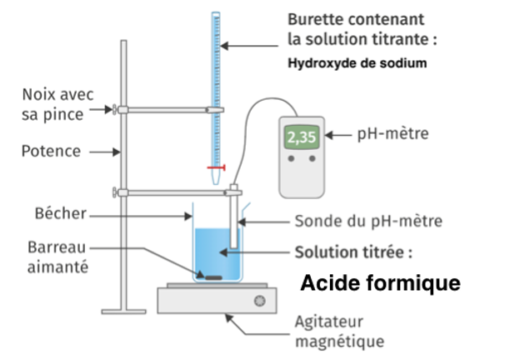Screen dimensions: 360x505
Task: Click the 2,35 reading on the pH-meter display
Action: point(301,137)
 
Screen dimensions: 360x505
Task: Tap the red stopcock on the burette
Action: point(217,167)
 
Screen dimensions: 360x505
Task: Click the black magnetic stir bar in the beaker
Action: point(214,277)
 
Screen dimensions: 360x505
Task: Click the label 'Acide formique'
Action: point(379,283)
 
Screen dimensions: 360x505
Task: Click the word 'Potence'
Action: point(52,152)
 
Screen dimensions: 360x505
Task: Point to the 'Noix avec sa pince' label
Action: point(52,103)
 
